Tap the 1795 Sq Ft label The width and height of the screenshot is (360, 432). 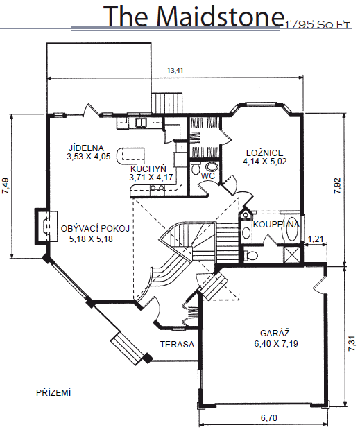(318, 25)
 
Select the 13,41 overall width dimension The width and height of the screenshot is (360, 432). (175, 70)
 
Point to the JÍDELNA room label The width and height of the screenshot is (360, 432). (86, 148)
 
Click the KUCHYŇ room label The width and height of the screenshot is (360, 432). (148, 169)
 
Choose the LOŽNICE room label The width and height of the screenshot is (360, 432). (265, 153)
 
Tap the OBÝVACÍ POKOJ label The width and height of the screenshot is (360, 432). (95, 229)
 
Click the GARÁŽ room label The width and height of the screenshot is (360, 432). (275, 333)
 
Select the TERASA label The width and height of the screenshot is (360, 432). (178, 344)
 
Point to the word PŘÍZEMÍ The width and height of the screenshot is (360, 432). (53, 392)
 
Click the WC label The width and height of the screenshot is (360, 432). (208, 175)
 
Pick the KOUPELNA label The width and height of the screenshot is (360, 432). (276, 225)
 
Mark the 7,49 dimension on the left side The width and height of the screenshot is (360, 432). (6, 186)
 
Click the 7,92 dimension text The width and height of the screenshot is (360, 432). (338, 186)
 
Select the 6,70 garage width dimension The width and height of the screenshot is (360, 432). (268, 417)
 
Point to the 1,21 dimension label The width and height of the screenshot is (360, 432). (316, 239)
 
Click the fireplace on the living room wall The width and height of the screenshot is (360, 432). (46, 226)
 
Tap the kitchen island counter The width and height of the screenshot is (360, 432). (130, 156)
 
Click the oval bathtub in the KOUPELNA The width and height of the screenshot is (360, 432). (291, 229)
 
